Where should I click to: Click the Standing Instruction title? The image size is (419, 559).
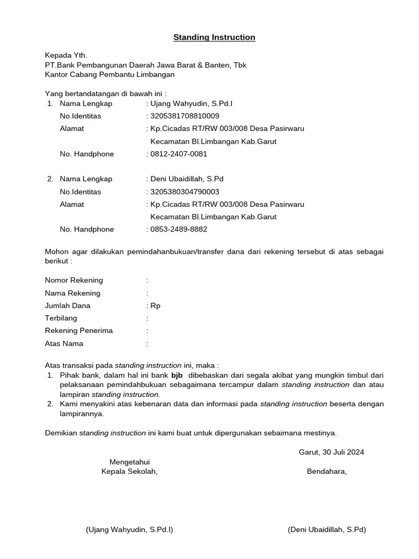click(214, 38)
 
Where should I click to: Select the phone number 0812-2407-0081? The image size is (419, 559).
click(178, 154)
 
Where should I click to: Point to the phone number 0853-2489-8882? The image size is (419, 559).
click(178, 229)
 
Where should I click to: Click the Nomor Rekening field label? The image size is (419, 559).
click(74, 280)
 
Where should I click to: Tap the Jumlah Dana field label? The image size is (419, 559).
click(68, 306)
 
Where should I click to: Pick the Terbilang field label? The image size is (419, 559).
click(61, 318)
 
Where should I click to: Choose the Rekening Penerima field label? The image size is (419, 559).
click(79, 331)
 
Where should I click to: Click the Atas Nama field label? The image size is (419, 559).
click(64, 344)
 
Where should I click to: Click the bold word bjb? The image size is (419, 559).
click(177, 376)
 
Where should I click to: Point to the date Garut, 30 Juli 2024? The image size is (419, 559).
click(331, 452)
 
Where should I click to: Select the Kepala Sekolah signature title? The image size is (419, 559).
click(129, 472)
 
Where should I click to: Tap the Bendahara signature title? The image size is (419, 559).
click(327, 472)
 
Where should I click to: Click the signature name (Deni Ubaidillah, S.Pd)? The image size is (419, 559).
click(327, 530)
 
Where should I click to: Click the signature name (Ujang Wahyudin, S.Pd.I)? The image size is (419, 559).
click(129, 530)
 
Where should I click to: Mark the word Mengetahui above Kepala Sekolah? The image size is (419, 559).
click(129, 462)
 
